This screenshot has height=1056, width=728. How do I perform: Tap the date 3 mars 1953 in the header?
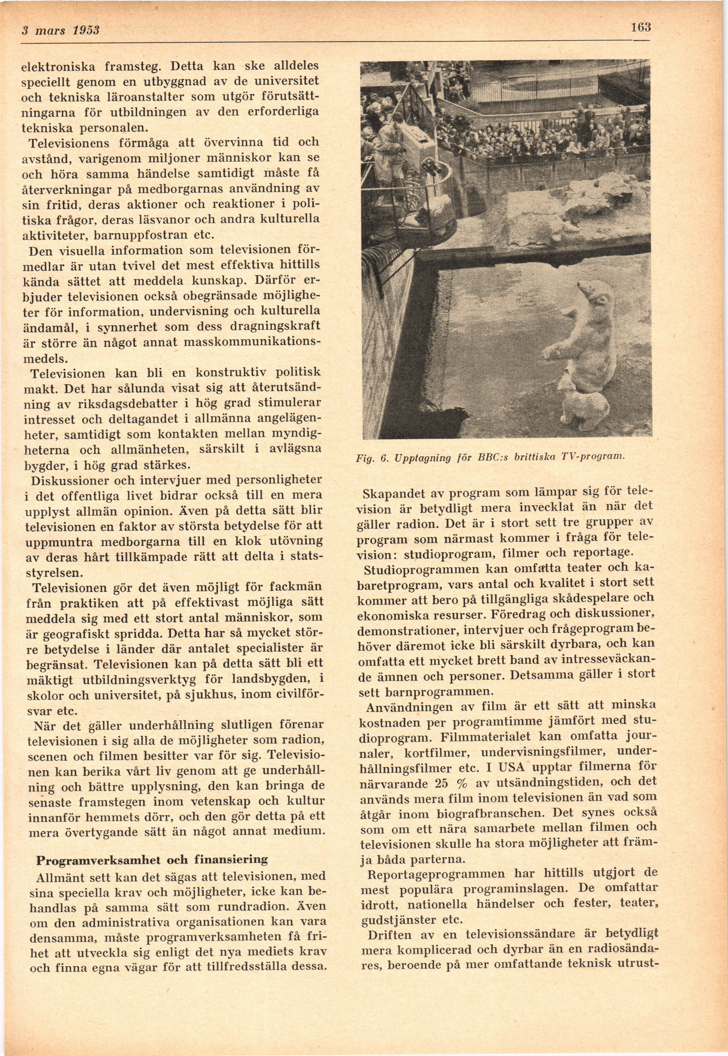pyautogui.click(x=61, y=30)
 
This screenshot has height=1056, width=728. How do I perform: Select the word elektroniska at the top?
pyautogui.click(x=59, y=67)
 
